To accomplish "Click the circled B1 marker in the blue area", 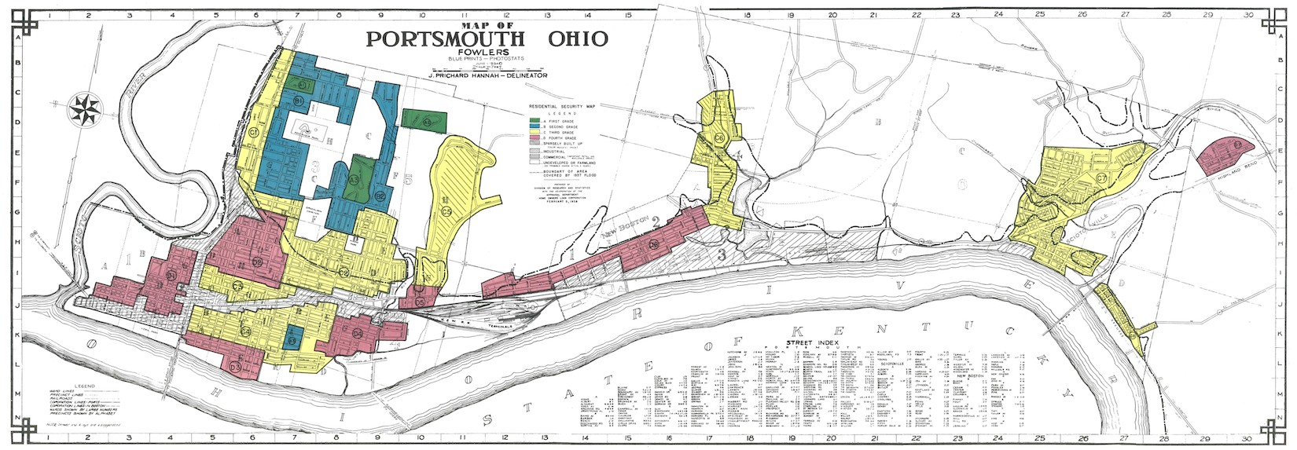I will (299, 101).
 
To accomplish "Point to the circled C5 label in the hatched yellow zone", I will (446, 210).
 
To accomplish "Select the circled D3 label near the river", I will (235, 367).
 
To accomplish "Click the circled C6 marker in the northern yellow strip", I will (719, 138).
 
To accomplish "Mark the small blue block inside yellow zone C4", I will (293, 338).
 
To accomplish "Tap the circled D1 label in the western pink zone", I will (171, 275).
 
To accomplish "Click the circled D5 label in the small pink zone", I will (420, 302).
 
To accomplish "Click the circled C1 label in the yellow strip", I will (254, 133).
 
